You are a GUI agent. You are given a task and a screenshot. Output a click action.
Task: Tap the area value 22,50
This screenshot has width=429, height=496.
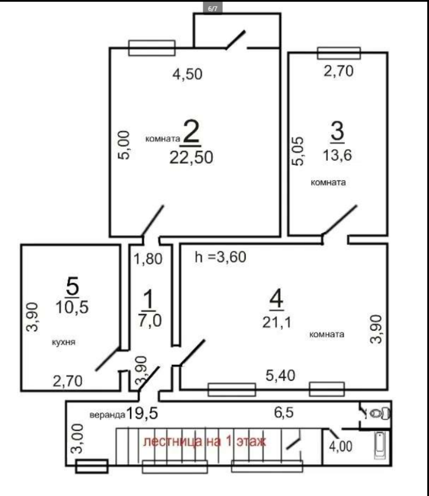point(192,157)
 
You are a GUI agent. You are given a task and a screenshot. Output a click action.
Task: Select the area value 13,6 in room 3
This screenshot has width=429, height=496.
point(337,155)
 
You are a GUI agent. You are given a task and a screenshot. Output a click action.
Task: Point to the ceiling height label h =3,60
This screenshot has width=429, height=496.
point(221,257)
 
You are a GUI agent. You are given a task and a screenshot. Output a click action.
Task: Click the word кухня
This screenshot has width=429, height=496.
point(64,342)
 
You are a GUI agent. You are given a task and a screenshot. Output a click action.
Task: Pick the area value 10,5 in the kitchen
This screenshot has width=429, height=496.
point(72,307)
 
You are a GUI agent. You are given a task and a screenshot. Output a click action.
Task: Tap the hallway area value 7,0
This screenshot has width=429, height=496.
point(150,321)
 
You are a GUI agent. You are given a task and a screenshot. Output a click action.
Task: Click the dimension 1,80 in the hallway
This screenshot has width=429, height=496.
point(148,259)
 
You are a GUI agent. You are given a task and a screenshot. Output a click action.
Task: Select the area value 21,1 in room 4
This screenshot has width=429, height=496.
point(277,322)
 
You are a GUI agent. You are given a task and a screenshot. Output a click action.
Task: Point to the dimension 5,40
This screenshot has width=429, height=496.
point(280,375)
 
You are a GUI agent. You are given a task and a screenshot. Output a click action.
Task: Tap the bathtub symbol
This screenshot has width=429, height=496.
point(380,445)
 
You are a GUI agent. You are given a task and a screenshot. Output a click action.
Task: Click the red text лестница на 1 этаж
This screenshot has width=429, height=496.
point(204,441)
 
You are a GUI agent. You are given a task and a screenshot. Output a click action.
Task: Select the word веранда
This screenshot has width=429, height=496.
point(108,414)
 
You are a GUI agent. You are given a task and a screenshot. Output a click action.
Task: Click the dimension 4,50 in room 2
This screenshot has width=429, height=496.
point(187,74)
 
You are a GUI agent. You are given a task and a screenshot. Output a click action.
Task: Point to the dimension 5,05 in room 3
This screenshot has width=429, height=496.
point(298,151)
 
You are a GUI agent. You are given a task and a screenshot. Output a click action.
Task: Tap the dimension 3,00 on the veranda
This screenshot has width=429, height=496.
point(78,438)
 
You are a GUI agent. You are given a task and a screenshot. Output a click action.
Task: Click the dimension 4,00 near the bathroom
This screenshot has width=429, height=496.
point(341,446)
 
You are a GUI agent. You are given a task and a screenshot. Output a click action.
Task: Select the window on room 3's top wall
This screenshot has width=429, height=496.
point(339,53)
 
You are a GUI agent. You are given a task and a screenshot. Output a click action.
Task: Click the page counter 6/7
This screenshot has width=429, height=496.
point(213,8)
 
